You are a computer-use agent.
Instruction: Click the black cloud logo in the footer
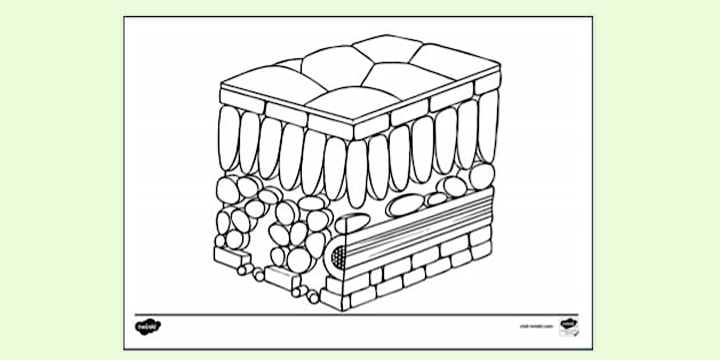pos(147,327)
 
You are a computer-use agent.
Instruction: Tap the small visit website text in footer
pos(537,326)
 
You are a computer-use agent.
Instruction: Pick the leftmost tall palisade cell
pos(229,138)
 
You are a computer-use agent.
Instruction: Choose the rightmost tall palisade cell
pos(489,125)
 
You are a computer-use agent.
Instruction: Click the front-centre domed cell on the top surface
pos(353,103)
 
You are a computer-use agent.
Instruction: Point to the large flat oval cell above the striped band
pos(406,205)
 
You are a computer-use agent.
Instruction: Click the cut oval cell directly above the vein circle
pos(352,223)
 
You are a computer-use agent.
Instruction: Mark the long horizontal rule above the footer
pos(357,314)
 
